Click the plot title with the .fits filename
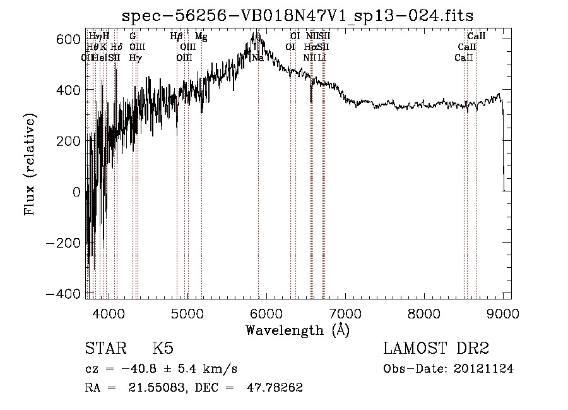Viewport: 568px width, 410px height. coord(297,15)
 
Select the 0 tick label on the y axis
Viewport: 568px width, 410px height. coord(75,192)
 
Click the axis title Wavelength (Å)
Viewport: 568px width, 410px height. coord(297,330)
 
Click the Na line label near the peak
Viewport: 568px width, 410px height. coord(257,57)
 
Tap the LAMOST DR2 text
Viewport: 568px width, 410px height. coord(437,348)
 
